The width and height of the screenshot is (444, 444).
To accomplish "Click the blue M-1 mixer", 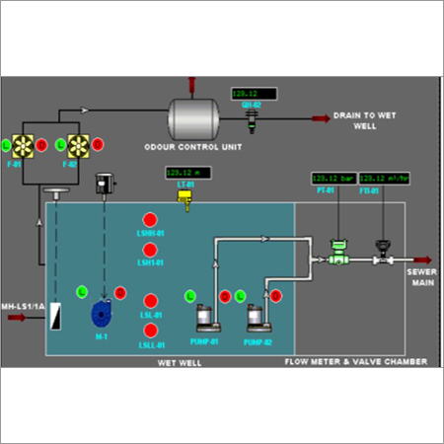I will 101,314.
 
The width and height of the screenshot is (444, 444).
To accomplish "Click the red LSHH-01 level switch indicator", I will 150,218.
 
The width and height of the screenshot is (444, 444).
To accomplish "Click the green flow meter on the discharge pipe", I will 339,255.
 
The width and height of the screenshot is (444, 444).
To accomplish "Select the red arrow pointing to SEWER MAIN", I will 420,260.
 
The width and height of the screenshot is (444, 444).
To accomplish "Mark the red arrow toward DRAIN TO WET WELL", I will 321,118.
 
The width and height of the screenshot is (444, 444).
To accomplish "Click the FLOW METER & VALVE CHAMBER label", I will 355,363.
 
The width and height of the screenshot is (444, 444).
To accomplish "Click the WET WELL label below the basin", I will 173,363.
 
